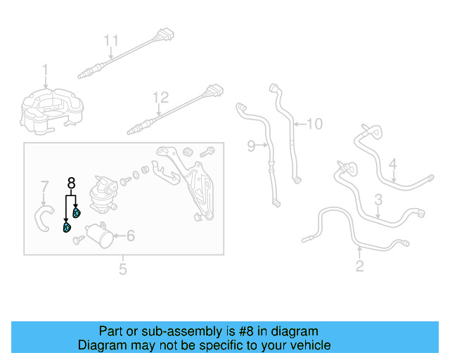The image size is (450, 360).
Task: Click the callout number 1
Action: tap(45, 70)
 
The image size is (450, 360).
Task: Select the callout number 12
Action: tap(161, 96)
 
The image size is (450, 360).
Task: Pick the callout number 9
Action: tap(251, 146)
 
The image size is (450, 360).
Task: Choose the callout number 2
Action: tap(360, 266)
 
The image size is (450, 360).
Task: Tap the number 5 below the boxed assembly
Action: tap(122, 269)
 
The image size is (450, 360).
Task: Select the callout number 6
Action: tap(130, 236)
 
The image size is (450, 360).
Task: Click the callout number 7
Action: tap(44, 187)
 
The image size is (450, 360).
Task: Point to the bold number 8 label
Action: tap(71, 184)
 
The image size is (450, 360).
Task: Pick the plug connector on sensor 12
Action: tap(213, 90)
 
